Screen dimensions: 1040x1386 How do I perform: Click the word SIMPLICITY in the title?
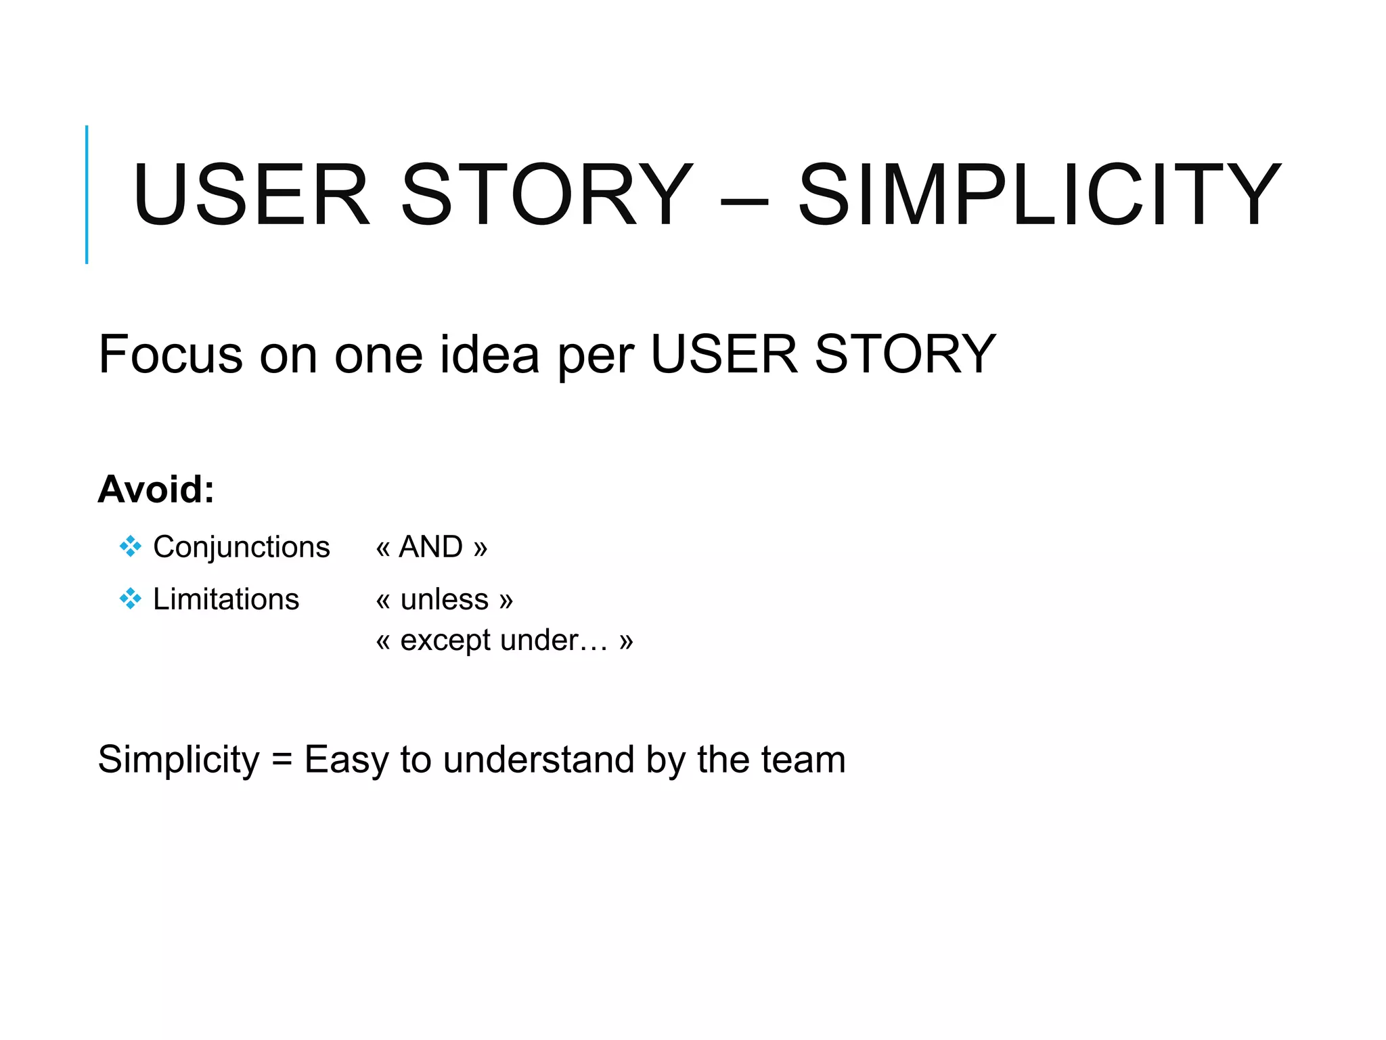click(x=1039, y=195)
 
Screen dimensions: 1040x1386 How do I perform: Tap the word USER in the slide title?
click(x=251, y=195)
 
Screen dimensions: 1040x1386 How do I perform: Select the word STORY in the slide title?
click(x=547, y=195)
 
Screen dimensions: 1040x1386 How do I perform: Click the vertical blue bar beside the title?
click(x=87, y=194)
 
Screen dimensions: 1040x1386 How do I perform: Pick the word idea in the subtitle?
click(x=489, y=354)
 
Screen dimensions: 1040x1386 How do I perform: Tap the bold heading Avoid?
click(x=156, y=489)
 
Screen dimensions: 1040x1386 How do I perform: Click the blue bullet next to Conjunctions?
click(x=130, y=546)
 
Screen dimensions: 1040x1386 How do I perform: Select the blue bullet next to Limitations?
click(x=130, y=599)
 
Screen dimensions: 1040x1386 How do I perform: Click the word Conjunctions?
click(x=242, y=547)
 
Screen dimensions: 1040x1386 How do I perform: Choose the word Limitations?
click(x=226, y=599)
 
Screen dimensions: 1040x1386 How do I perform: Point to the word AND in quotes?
click(x=431, y=546)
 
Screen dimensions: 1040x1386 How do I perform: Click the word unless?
click(x=444, y=599)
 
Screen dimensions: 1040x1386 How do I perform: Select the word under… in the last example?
click(x=554, y=640)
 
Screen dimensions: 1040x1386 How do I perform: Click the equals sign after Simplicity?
click(x=282, y=759)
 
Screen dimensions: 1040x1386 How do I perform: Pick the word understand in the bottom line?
click(x=539, y=759)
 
